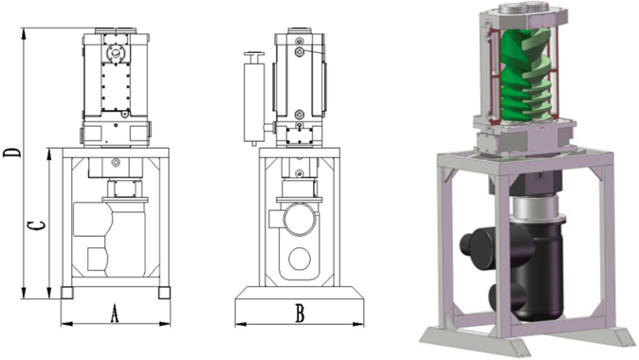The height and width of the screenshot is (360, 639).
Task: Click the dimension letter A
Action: point(115,314)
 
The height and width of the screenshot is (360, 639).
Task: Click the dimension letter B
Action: point(300,314)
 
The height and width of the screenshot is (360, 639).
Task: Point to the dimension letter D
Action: point(12,153)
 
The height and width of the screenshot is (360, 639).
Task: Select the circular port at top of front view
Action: point(117,52)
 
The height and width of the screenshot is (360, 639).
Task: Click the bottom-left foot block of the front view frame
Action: point(66,293)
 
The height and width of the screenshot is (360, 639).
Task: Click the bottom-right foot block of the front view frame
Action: point(164,293)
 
